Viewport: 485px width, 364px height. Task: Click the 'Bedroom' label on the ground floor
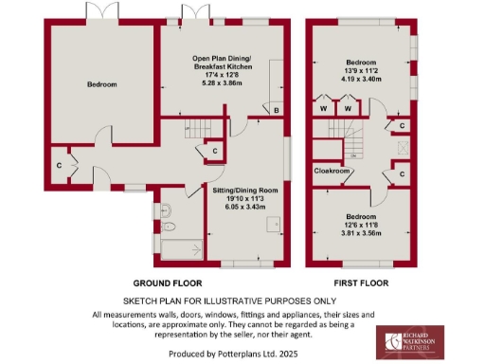click(102, 85)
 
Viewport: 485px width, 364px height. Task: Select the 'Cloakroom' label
click(332, 172)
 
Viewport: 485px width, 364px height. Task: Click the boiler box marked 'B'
click(276, 111)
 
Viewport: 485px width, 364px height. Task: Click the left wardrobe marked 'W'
click(325, 109)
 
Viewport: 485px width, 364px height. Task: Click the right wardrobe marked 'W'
click(348, 109)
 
